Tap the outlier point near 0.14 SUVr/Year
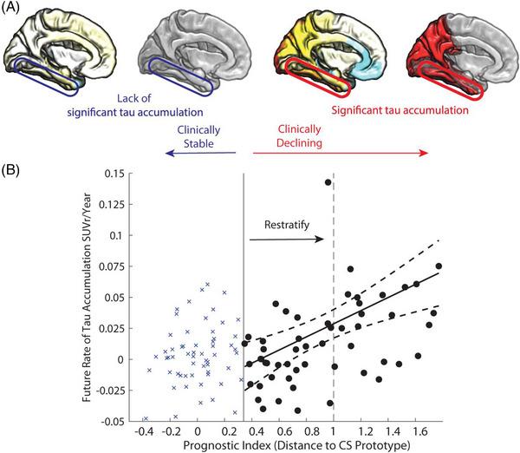click(x=328, y=182)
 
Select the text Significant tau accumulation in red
click(x=400, y=111)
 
